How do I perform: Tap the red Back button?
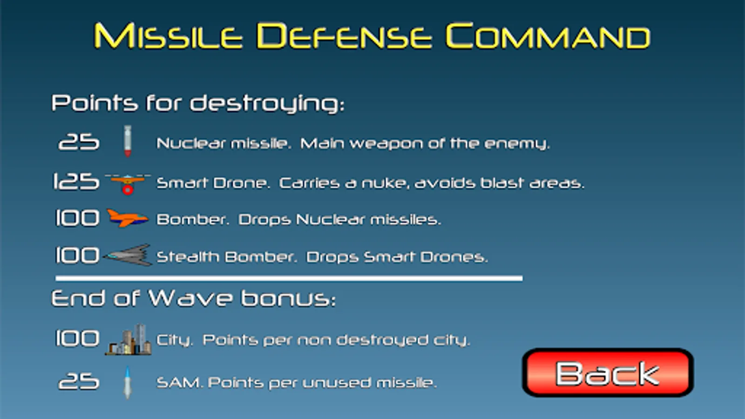point(608,372)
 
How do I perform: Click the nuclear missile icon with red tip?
point(128,141)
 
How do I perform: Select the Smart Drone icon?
point(128,184)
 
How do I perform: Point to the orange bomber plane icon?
point(128,218)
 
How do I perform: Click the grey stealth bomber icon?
point(128,255)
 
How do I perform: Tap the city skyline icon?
point(129,339)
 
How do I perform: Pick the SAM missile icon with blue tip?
point(127,382)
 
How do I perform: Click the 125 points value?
point(76,182)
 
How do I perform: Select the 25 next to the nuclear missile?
point(79,142)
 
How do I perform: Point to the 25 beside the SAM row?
point(79,381)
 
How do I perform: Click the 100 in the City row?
point(77,338)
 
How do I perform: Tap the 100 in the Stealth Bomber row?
point(77,256)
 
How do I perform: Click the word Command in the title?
point(548,36)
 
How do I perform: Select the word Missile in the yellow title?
point(168,36)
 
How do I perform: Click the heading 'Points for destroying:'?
point(198,103)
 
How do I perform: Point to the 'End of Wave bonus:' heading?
point(194,298)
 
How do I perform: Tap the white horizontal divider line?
point(289,278)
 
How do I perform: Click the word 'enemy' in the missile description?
point(517,144)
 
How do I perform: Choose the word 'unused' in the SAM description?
point(336,383)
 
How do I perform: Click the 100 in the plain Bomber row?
point(77,218)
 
